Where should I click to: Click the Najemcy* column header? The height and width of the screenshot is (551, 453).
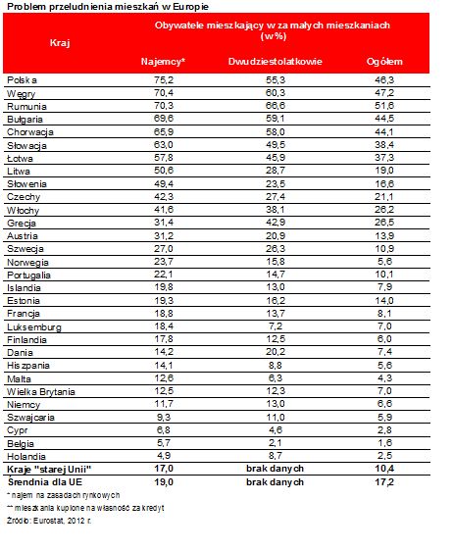click(163, 62)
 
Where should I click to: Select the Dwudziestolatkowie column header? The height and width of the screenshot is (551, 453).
click(276, 62)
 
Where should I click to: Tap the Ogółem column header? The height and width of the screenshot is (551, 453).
click(384, 62)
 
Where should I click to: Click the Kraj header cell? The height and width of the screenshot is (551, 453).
click(60, 43)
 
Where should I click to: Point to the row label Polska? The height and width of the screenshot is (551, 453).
click(22, 80)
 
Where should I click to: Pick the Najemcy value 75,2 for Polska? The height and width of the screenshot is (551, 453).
click(164, 80)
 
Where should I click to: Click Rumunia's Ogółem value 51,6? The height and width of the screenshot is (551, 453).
click(384, 106)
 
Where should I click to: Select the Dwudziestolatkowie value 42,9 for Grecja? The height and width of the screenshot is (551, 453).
click(276, 223)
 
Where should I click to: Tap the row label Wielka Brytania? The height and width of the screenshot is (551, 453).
click(41, 391)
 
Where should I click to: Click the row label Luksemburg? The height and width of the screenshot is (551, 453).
click(34, 327)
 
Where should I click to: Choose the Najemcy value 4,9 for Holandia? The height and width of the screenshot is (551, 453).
click(164, 456)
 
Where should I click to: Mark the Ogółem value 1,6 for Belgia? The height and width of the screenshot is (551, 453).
click(384, 443)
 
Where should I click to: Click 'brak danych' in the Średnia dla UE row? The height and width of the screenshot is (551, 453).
click(275, 481)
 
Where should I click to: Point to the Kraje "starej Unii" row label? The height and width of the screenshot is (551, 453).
click(49, 469)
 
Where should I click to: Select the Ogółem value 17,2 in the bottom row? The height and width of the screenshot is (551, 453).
click(384, 481)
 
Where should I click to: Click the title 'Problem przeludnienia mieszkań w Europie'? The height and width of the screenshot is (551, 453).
click(108, 7)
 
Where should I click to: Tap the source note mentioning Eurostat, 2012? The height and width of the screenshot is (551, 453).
click(49, 521)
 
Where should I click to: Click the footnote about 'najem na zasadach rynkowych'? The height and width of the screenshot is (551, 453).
click(64, 495)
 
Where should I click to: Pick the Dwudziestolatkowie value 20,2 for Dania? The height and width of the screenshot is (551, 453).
click(276, 352)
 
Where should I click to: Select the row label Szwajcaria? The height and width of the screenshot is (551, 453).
click(31, 418)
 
